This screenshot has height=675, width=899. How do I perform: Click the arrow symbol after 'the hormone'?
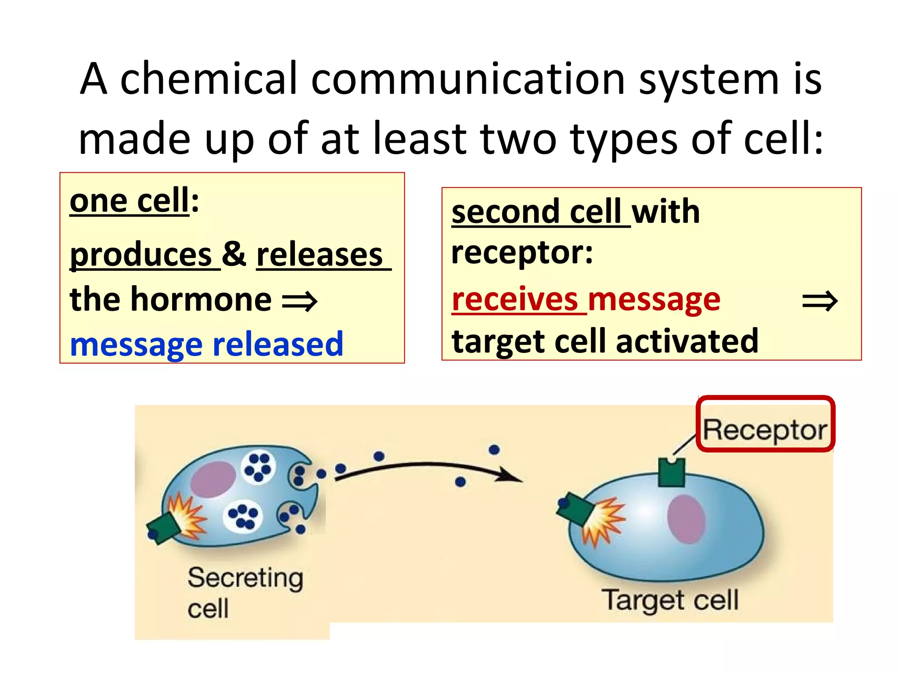click(x=299, y=301)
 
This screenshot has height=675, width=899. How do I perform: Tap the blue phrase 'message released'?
click(x=206, y=344)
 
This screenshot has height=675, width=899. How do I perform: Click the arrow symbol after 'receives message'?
click(x=820, y=301)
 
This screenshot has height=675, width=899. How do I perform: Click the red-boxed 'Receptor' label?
click(x=765, y=429)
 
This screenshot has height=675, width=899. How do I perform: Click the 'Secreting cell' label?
click(x=245, y=592)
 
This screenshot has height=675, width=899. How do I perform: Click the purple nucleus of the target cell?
click(x=686, y=519)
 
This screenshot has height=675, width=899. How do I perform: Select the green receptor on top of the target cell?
click(x=672, y=472)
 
